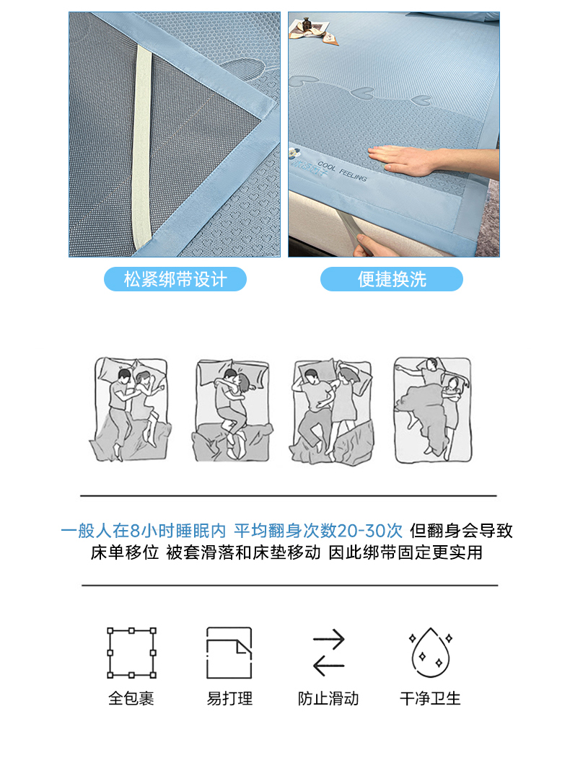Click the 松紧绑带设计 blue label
coord(175,279)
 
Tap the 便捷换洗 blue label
coord(392,279)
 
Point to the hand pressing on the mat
coord(403,160)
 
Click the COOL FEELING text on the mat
coord(341,171)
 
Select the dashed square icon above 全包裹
coord(131,653)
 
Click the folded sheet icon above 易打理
coord(229,653)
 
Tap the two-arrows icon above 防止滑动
coord(328,652)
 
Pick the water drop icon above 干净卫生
coord(431,652)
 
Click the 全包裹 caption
coord(131,698)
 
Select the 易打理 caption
coord(229,698)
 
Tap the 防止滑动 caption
coord(328,698)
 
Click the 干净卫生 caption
coord(430,698)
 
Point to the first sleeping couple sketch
coord(131,409)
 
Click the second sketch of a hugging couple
coord(232,410)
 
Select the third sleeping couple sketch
coord(332,412)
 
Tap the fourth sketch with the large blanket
coord(432,410)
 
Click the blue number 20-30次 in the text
coord(369,531)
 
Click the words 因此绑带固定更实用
coord(405,552)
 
